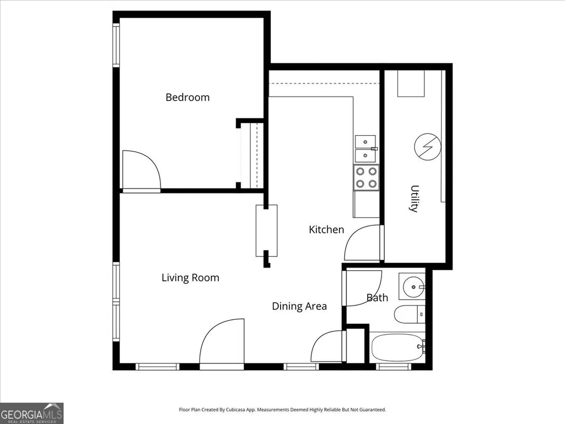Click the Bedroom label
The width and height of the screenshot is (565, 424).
pyautogui.click(x=187, y=98)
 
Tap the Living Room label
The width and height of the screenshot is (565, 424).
pyautogui.click(x=190, y=278)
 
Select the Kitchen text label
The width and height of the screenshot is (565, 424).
pyautogui.click(x=326, y=230)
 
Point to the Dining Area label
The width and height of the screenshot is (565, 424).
pyautogui.click(x=299, y=306)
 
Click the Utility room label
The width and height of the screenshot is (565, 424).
pyautogui.click(x=415, y=198)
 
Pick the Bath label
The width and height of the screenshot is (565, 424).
pyautogui.click(x=377, y=298)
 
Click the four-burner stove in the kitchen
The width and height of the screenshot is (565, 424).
pyautogui.click(x=367, y=178)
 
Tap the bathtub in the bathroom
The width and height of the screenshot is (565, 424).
pyautogui.click(x=397, y=347)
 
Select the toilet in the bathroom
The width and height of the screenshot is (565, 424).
pyautogui.click(x=410, y=314)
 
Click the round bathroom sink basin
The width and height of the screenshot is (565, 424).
pyautogui.click(x=413, y=287)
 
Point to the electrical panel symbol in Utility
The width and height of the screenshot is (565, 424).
pyautogui.click(x=427, y=147)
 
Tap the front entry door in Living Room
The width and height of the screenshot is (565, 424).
pyautogui.click(x=222, y=342)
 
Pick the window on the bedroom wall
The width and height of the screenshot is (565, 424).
pyautogui.click(x=116, y=45)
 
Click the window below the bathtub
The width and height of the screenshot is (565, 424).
pyautogui.click(x=394, y=367)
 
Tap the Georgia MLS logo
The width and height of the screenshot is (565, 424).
pyautogui.click(x=32, y=413)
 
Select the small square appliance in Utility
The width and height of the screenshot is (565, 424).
pyautogui.click(x=411, y=83)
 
